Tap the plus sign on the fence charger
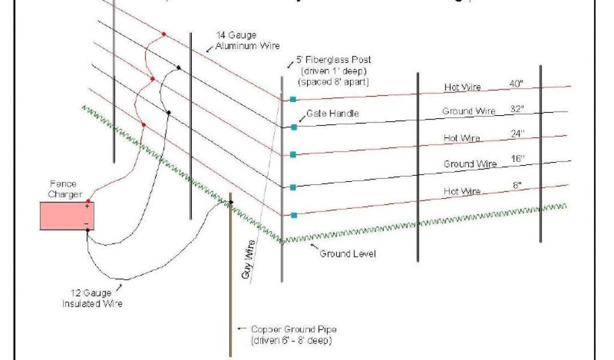pyautogui.click(x=87, y=206)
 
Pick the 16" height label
pyautogui.click(x=517, y=159)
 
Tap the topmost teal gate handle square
pyautogui.click(x=293, y=99)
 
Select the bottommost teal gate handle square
pyautogui.click(x=293, y=215)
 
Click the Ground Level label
pyautogui.click(x=347, y=254)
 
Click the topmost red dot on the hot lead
pyautogui.click(x=163, y=34)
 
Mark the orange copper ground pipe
pyautogui.click(x=231, y=282)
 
